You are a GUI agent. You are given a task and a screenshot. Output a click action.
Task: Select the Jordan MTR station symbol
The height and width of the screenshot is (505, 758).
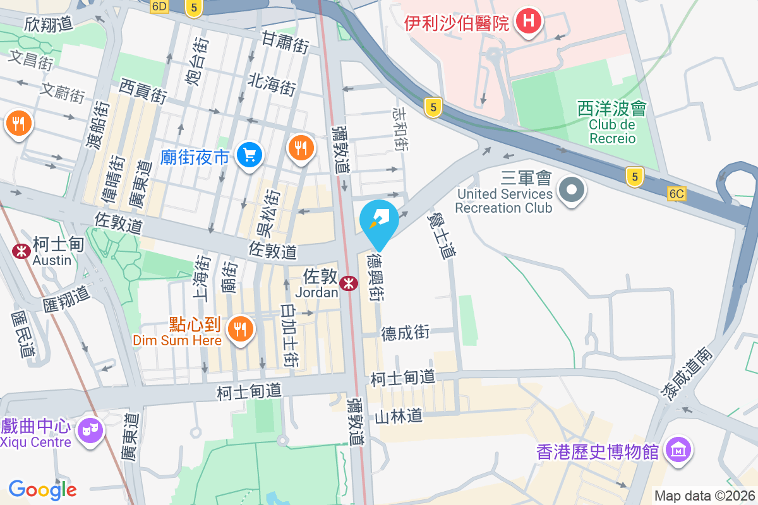click(x=347, y=284)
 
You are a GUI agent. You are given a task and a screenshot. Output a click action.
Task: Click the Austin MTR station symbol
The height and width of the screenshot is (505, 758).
click(x=21, y=251)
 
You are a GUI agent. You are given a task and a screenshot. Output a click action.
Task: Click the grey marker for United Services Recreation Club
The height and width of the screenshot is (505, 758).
click(x=572, y=189)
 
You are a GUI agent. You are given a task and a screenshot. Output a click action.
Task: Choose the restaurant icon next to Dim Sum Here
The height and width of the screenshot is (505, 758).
click(x=240, y=328)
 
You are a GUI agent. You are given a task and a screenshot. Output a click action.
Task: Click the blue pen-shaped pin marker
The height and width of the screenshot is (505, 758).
click(x=380, y=220)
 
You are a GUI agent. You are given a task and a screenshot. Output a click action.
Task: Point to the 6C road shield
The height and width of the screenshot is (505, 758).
click(x=676, y=194)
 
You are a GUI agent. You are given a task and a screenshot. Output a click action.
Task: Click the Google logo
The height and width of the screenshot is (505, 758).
click(x=42, y=489)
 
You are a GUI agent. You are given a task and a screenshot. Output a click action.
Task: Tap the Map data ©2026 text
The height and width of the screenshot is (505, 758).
click(x=704, y=496)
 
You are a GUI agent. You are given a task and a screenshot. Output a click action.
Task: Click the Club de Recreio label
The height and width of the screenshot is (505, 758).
click(x=612, y=131)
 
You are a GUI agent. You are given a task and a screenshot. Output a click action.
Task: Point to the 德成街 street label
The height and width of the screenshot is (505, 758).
click(x=405, y=333)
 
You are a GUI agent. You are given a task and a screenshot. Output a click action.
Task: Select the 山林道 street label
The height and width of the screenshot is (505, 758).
click(x=398, y=417)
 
